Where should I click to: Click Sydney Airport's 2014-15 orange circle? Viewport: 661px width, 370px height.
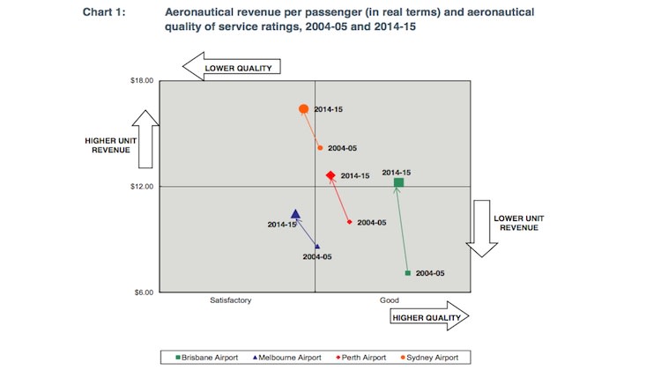point(304,109)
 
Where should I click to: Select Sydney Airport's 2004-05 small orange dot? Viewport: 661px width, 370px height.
point(320,148)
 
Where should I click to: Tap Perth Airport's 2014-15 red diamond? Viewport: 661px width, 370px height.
point(330,176)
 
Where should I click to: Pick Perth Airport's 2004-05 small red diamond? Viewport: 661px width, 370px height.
point(350,222)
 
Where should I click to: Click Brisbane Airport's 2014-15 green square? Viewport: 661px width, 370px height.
point(398,182)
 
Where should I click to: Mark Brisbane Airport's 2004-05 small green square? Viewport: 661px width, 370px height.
point(407,273)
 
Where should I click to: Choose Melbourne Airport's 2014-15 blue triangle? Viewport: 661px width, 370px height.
point(295,214)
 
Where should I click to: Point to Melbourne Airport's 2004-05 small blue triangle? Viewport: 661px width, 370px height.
point(317,247)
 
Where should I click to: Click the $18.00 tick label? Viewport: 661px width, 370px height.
point(142,81)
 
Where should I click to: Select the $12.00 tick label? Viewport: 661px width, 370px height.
point(142,187)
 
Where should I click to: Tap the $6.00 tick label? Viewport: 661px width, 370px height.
point(144,292)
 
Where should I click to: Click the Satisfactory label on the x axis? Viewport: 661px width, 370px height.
point(231,300)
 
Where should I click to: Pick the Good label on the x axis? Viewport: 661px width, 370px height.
point(390,300)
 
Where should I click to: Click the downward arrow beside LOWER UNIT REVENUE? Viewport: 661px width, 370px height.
point(482,227)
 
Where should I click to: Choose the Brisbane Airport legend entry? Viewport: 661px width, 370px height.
point(209,357)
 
